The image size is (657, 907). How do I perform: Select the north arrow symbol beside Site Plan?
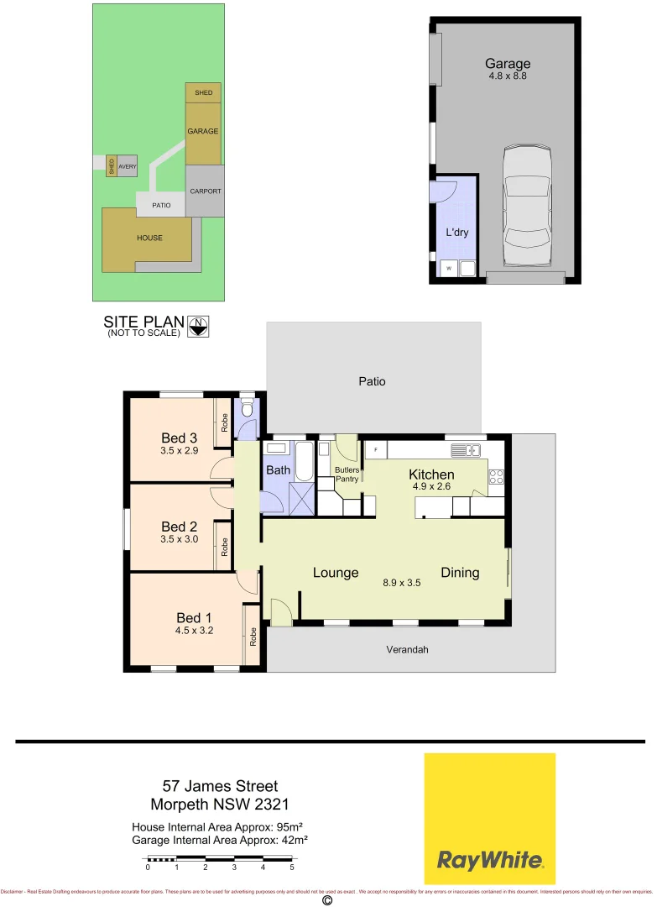pos(198,326)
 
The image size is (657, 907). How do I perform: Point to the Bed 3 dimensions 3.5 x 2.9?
pos(179,451)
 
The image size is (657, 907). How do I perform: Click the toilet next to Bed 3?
pos(247,409)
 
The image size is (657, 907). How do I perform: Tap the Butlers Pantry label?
pos(347,474)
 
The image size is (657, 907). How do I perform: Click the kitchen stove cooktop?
pos(495,478)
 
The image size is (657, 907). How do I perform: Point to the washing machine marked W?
pos(449,269)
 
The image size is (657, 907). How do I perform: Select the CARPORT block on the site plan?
pos(206,191)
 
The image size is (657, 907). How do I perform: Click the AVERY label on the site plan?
pos(127,166)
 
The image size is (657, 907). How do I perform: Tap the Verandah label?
pos(402,649)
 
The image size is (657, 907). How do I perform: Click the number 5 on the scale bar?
pos(292,867)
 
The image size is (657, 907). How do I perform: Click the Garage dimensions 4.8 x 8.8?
pos(508,76)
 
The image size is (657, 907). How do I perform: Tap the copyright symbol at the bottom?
pos(327,900)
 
